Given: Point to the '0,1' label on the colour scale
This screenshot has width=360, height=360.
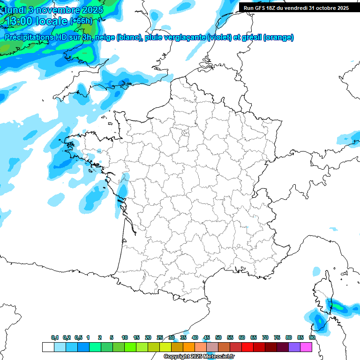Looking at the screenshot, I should pos(55,337).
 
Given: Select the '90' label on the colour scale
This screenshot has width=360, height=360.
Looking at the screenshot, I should pos(312,337).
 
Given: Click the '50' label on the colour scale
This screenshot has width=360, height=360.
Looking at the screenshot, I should pos(218,337).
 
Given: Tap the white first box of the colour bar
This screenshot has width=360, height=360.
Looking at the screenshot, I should pos(48,347).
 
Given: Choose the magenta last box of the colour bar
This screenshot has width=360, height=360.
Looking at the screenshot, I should pos(306,347).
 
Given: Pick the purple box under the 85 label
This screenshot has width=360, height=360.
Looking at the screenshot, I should pos(294,347).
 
